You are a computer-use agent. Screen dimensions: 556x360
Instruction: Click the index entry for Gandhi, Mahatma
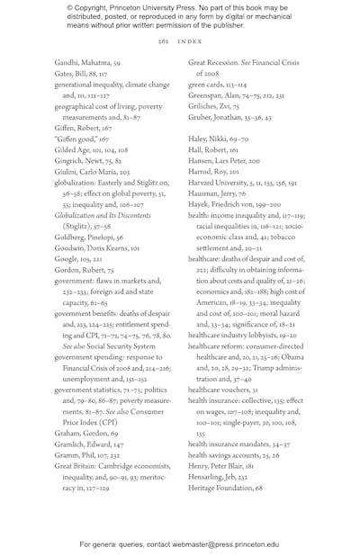point(87,64)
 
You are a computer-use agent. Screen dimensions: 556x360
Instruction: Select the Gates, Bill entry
point(81,75)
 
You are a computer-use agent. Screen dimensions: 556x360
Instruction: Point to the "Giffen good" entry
point(85,139)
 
